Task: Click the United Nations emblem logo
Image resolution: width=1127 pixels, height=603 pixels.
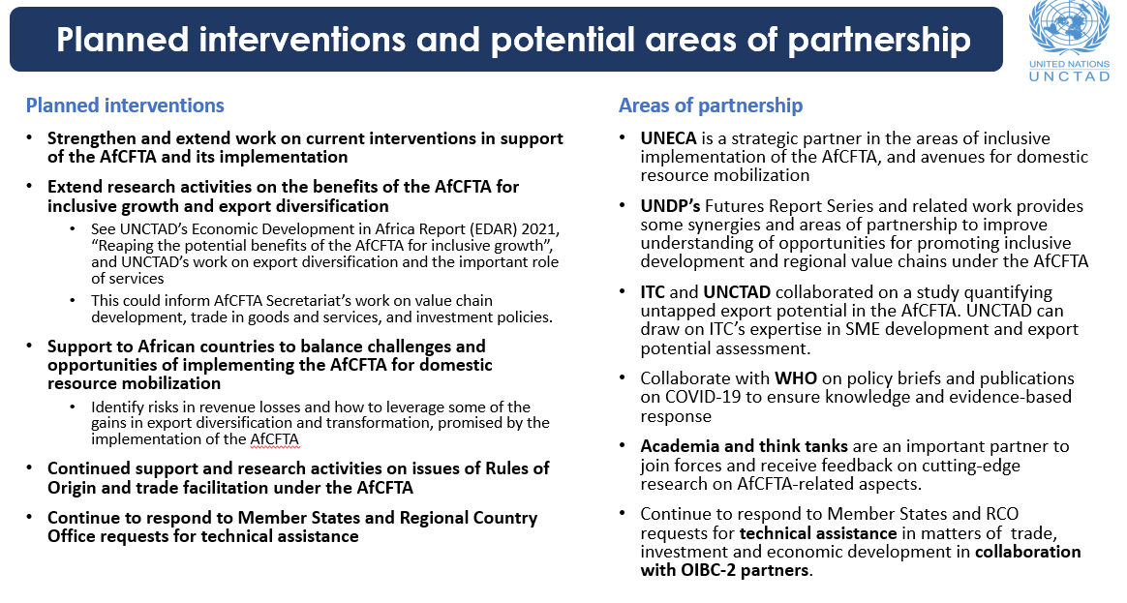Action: pos(1069,28)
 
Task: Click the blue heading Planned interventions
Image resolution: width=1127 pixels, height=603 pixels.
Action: pos(125,106)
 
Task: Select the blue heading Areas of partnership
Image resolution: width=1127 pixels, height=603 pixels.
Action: pos(711,106)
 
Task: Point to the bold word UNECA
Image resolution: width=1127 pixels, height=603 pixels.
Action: pos(669,138)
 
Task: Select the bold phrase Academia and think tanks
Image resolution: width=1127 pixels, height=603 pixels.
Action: pos(744,446)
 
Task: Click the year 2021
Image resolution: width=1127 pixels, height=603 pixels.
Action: pos(538,228)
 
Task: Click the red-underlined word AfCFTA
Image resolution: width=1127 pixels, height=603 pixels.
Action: pos(276,438)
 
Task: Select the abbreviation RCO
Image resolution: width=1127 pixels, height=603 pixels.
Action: pos(998,514)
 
